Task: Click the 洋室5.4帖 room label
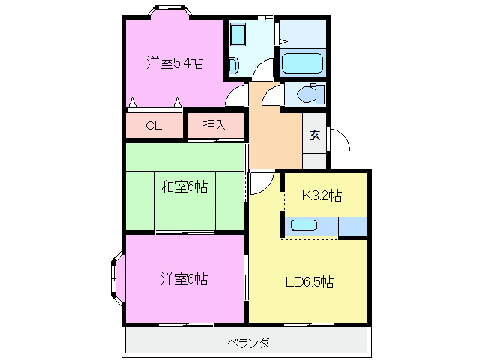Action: pyautogui.click(x=174, y=64)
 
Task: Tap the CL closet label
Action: pyautogui.click(x=154, y=126)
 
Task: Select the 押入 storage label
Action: pyautogui.click(x=214, y=125)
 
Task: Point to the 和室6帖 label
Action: pyautogui.click(x=184, y=187)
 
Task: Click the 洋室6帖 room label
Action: pyautogui.click(x=184, y=280)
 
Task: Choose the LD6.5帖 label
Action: pyautogui.click(x=309, y=283)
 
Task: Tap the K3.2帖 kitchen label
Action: pyautogui.click(x=322, y=196)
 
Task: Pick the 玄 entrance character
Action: pyautogui.click(x=315, y=136)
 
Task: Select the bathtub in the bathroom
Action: pyautogui.click(x=301, y=62)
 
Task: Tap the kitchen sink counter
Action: pyautogui.click(x=304, y=226)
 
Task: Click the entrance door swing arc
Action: pyautogui.click(x=337, y=140)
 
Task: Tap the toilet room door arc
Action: pyautogui.click(x=272, y=95)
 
